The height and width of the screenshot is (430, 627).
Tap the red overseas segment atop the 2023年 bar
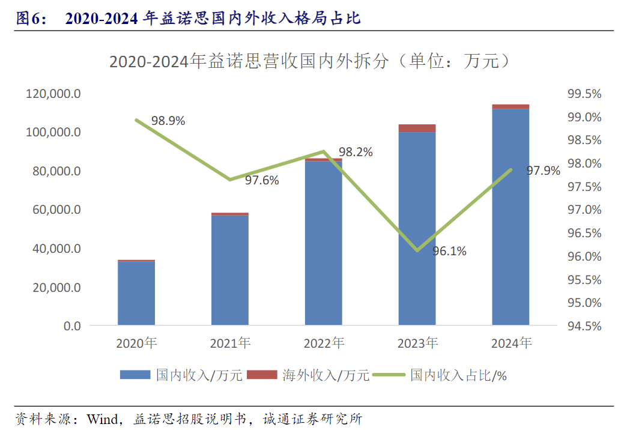point(417,128)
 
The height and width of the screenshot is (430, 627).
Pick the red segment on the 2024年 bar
point(510,106)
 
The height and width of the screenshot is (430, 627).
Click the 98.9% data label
point(168,121)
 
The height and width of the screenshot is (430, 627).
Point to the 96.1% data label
point(449,251)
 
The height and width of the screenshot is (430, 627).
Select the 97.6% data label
point(262,180)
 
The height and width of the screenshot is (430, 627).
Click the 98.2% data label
point(356,152)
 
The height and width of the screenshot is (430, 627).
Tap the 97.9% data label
point(543,171)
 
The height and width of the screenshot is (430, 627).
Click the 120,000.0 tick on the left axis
point(53,94)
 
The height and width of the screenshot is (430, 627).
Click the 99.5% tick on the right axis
point(584,94)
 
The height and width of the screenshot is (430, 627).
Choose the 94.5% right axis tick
point(584,326)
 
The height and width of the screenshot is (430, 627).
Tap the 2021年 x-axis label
point(230,344)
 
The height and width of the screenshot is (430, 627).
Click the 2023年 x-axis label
point(417,344)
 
